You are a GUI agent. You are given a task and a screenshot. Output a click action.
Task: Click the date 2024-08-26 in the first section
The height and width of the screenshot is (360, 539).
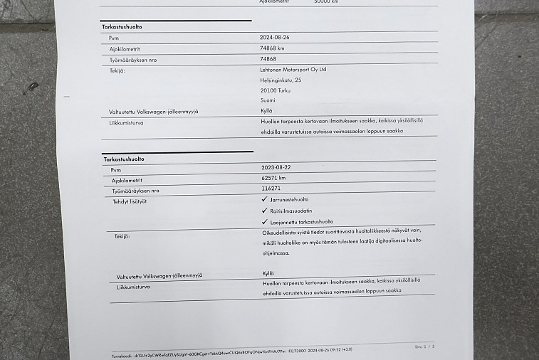(274, 37)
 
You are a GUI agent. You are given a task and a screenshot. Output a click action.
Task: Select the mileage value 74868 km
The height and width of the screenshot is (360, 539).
(273, 48)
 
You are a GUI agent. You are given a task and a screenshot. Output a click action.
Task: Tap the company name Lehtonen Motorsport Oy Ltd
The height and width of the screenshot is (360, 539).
(293, 70)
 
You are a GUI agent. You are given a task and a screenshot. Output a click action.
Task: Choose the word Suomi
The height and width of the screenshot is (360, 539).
(268, 101)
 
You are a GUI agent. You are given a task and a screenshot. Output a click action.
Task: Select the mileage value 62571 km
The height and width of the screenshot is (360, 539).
(273, 178)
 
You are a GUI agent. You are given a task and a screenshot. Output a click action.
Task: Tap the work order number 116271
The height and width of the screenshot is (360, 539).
(271, 189)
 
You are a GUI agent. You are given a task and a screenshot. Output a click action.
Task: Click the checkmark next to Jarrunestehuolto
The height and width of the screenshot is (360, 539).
(265, 200)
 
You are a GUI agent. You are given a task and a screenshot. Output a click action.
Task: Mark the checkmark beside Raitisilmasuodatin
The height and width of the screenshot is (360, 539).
(265, 211)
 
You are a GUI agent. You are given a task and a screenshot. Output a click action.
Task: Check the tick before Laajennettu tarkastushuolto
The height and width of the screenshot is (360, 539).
(265, 221)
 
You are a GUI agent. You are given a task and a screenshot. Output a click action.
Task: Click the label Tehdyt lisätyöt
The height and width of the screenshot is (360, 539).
(128, 202)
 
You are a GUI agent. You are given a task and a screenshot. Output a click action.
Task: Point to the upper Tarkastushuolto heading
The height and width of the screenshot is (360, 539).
(122, 27)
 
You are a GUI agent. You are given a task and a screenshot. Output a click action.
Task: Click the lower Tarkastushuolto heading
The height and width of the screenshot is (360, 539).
(123, 159)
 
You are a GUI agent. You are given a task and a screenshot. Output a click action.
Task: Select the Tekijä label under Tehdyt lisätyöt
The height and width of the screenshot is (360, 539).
(122, 235)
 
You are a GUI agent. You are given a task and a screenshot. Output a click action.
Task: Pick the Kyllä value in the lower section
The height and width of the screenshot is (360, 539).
(268, 272)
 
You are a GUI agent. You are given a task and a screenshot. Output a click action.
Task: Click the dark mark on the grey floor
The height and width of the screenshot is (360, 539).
(32, 87)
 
